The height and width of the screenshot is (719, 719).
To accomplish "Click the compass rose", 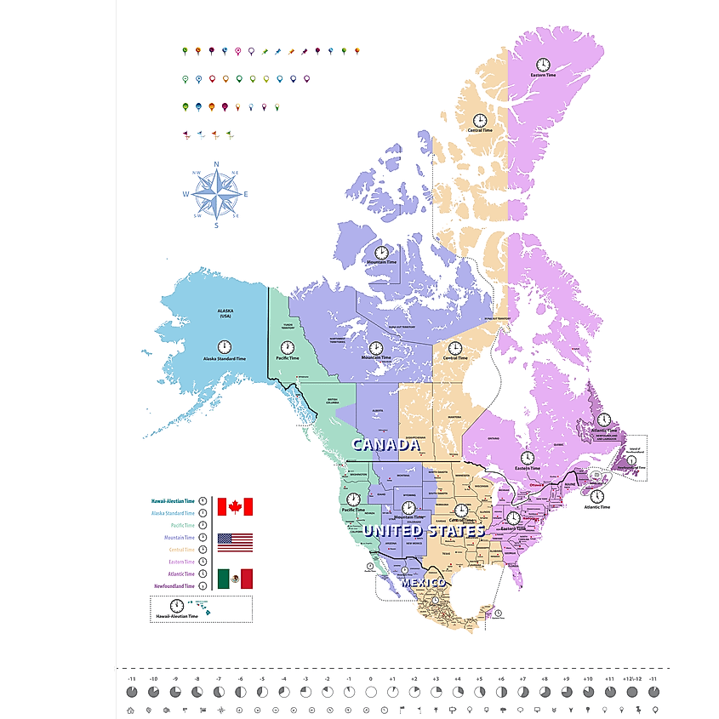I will coord(216,195).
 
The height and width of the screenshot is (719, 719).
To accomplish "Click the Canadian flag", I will coord(235,507).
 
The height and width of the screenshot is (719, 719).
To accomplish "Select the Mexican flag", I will coord(235,579).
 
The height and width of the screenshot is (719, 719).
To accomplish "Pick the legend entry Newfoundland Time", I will coord(174,586).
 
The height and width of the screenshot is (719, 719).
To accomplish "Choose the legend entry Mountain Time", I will coord(178,538).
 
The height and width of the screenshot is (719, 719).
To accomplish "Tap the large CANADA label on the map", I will coord(386,445).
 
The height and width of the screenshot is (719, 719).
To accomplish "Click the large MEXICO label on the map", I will coord(423,582).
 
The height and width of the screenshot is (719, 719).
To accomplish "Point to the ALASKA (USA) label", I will coord(225,314).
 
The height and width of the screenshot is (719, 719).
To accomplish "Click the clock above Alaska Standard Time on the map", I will coord(224,346).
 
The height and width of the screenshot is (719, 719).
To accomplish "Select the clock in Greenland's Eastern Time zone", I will coord(542,64).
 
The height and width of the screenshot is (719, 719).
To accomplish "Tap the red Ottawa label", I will coord(535,487).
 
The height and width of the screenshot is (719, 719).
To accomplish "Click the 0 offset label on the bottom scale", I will coord(370,679).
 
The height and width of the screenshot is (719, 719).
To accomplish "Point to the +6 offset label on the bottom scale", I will coord(501,679).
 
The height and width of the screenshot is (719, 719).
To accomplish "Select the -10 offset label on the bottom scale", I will coord(153,679).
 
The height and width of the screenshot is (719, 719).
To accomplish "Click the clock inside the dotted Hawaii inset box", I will coord(176,605).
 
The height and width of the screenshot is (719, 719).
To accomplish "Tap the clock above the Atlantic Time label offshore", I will coord(597,496).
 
